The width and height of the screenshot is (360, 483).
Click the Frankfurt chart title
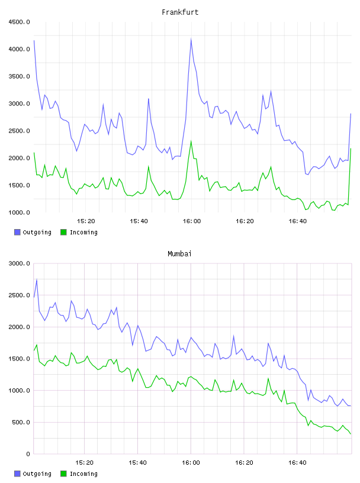180,12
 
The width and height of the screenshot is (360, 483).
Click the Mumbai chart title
179,253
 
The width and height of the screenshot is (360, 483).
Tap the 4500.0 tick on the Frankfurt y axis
19,22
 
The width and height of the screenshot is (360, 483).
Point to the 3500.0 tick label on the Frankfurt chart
19,76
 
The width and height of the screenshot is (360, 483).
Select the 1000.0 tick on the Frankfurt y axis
19,212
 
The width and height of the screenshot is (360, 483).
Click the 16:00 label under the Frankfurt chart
192,221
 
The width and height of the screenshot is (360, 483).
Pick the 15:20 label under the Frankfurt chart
86,221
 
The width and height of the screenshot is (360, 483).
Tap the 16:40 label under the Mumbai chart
297,463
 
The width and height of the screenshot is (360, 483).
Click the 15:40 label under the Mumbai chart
137,463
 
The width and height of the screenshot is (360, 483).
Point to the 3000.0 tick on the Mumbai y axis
19,263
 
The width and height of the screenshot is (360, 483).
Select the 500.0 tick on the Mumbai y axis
21,422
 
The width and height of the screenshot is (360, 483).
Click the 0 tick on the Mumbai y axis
28,454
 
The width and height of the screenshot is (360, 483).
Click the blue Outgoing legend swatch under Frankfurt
17,232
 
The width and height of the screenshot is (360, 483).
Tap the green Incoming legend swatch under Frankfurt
63,232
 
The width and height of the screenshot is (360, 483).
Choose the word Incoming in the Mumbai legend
83,474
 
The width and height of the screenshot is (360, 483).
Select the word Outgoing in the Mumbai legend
37,474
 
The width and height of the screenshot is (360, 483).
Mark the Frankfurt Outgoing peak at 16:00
191,39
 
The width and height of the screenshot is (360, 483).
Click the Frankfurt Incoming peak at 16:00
191,141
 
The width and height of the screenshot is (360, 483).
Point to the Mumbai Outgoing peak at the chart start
37,279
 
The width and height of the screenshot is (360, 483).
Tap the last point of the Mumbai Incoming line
351,434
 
